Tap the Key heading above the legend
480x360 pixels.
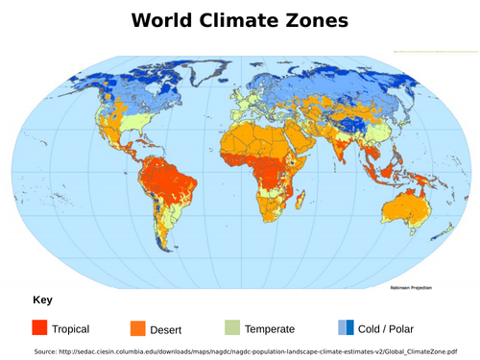click(42, 300)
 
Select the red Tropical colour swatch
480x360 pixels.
click(39, 327)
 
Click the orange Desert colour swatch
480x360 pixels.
click(137, 327)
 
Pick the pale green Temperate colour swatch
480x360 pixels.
click(231, 327)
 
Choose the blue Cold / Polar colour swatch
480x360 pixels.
click(346, 327)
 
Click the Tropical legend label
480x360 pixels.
click(71, 329)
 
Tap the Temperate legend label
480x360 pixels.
click(270, 329)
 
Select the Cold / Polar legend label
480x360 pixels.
click(388, 329)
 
